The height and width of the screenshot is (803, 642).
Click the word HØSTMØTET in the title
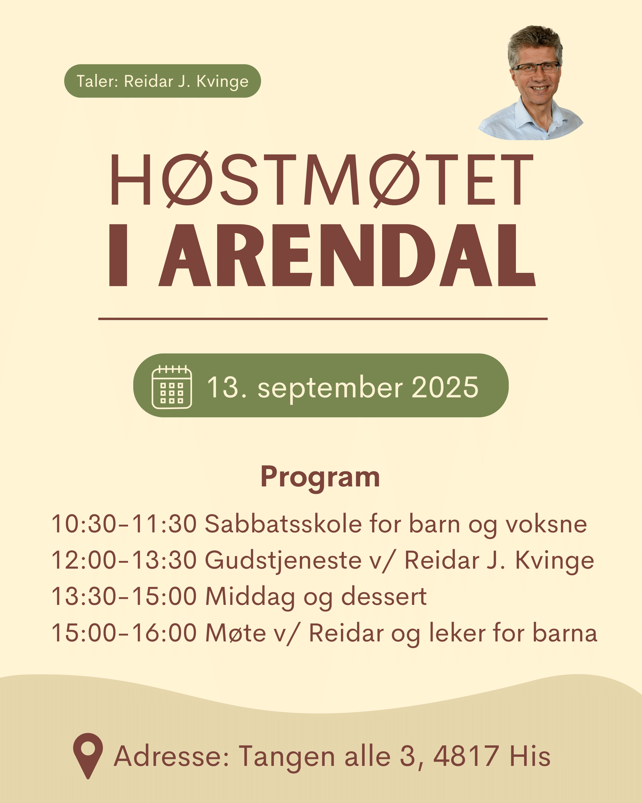tap(322, 180)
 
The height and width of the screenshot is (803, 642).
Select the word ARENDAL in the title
tap(347, 255)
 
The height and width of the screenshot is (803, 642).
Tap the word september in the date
tap(330, 389)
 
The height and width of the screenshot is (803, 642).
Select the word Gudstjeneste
tap(283, 561)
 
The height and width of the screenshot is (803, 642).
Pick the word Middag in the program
tap(250, 597)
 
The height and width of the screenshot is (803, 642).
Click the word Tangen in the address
tap(287, 757)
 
